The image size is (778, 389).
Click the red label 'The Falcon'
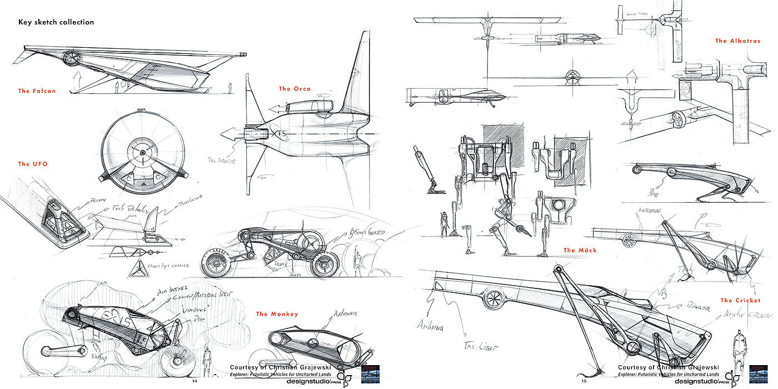[37, 91]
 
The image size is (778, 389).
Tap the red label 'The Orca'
[295, 89]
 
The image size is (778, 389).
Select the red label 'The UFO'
[32, 164]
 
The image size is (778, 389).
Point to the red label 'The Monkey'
[277, 315]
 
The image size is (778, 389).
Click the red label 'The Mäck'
[580, 251]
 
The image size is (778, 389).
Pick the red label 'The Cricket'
[740, 301]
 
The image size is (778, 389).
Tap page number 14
[194, 381]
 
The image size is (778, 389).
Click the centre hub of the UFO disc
[143, 152]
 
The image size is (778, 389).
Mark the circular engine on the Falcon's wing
[71, 58]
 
